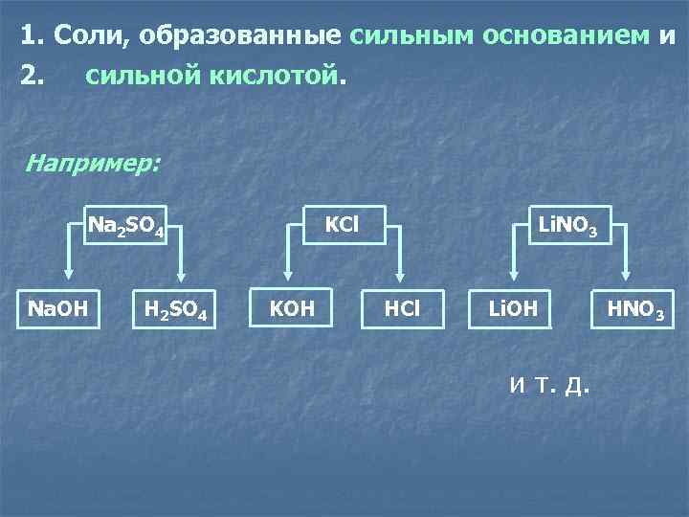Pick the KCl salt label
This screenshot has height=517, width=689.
[x=342, y=224]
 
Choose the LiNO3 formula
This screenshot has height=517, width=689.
[x=568, y=226]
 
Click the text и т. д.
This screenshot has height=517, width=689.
[x=550, y=385]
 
